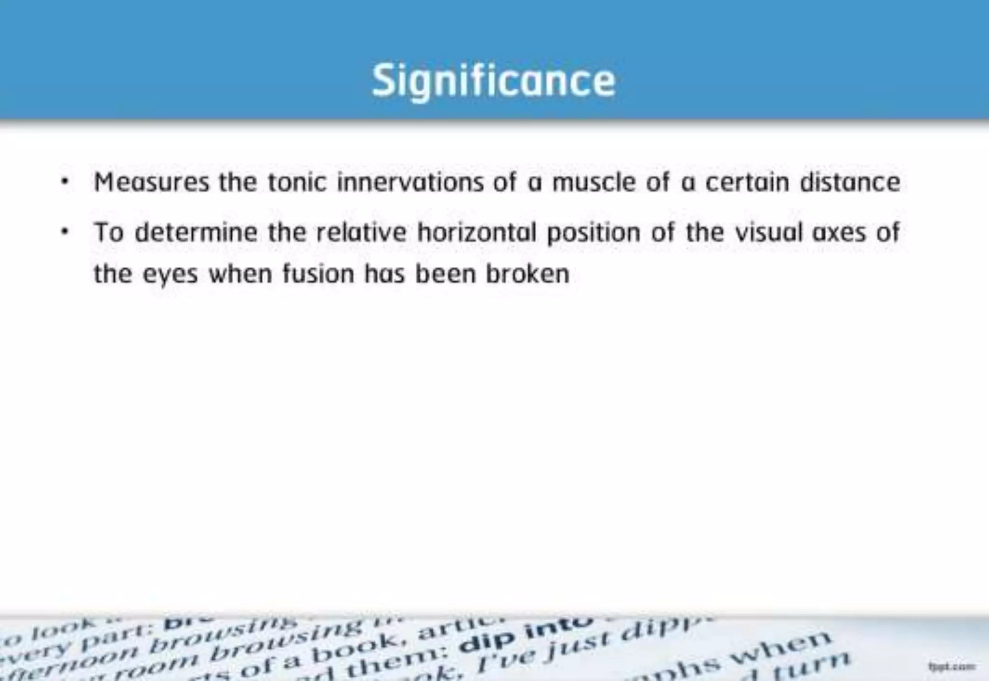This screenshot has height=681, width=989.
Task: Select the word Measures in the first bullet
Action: pyautogui.click(x=152, y=183)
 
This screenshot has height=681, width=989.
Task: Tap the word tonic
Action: pyautogui.click(x=297, y=183)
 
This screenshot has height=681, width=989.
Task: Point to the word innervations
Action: pyautogui.click(x=410, y=183)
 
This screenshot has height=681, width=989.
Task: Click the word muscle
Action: pyautogui.click(x=593, y=183)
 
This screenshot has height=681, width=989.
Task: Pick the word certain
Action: pyautogui.click(x=747, y=183)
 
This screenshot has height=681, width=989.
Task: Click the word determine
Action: pyautogui.click(x=196, y=232)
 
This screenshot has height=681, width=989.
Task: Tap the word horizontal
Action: pyautogui.click(x=477, y=232)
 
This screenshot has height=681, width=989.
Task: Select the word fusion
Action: pyautogui.click(x=318, y=274)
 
